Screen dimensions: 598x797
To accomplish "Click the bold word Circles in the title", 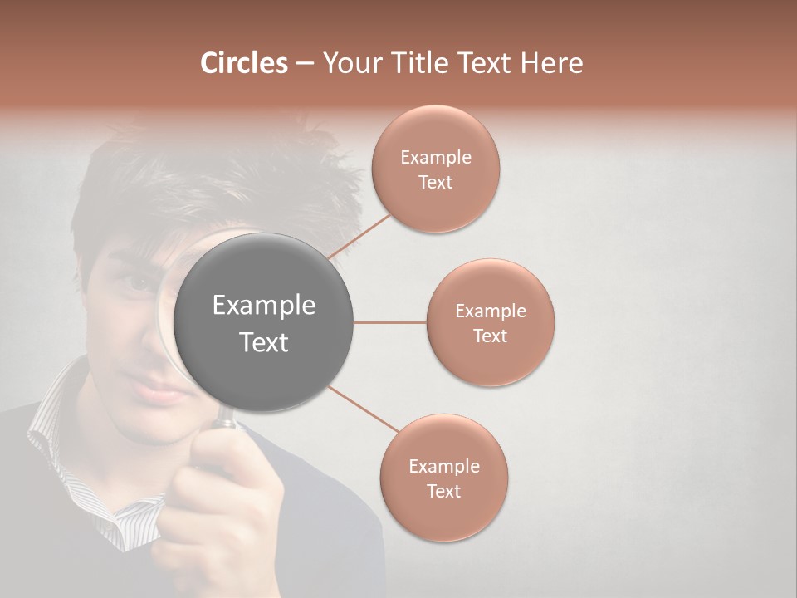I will (243, 63).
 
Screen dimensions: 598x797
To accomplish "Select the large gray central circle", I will (264, 322).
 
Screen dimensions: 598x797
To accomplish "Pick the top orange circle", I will (435, 169).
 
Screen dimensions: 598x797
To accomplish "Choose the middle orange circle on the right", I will (491, 323).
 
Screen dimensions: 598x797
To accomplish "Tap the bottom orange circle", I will (443, 478).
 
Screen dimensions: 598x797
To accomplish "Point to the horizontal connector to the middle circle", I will (389, 322).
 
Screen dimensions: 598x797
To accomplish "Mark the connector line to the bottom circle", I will (364, 409).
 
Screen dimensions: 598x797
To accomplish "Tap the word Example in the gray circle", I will (264, 306).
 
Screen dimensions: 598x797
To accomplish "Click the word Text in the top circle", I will (435, 183).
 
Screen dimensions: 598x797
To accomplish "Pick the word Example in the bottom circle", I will (443, 466).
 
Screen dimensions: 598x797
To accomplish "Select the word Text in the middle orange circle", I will (490, 336).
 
